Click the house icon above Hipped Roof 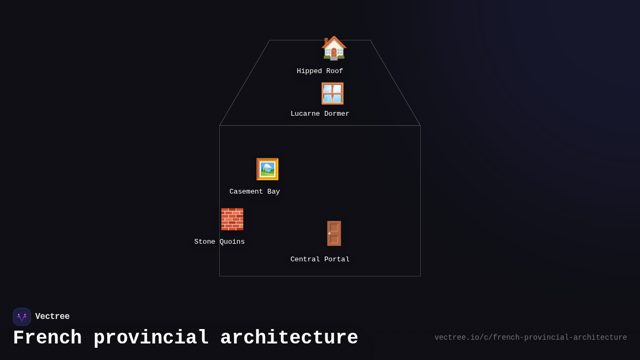[x=334, y=48]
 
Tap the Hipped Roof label [x=320, y=71]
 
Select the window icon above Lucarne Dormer [x=332, y=93]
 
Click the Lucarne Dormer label [x=320, y=114]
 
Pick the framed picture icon [x=267, y=169]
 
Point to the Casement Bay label [x=254, y=192]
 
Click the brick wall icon [x=232, y=219]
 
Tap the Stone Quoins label [x=219, y=242]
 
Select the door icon [x=334, y=233]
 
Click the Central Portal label [x=320, y=260]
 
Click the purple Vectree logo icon [x=22, y=317]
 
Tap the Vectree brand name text [x=52, y=317]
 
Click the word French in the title [x=47, y=338]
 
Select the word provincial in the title [x=151, y=338]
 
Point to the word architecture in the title [x=289, y=338]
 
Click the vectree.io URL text [x=531, y=338]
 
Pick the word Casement [x=246, y=192]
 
